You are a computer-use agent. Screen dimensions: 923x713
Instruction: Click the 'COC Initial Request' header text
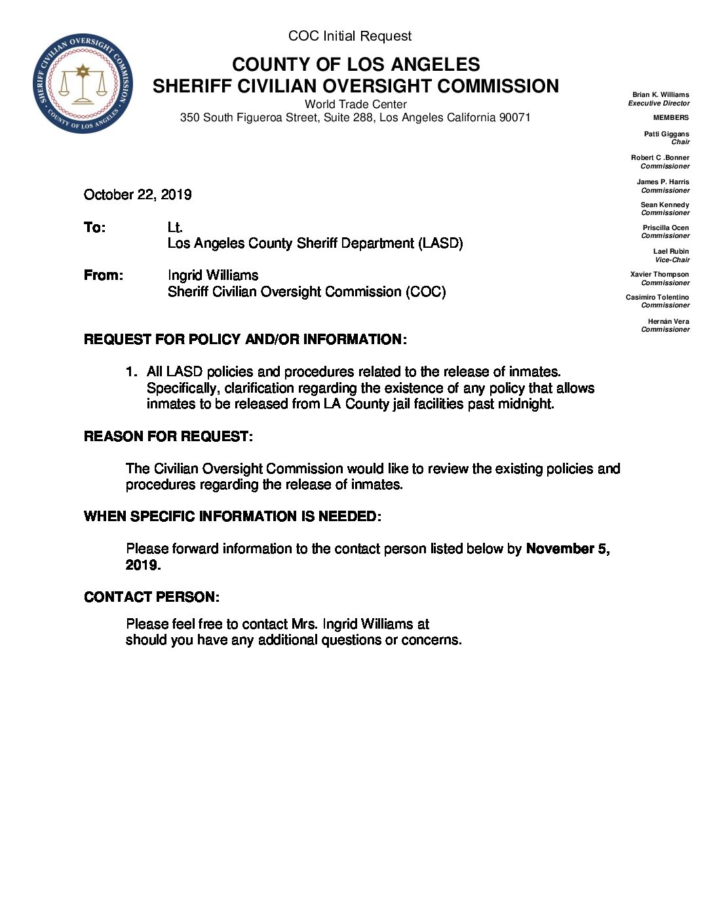(x=350, y=36)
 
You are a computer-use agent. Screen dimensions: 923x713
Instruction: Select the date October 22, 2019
(x=138, y=195)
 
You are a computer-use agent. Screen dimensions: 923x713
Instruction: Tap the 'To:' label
(x=94, y=227)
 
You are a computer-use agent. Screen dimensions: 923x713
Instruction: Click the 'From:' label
(x=103, y=275)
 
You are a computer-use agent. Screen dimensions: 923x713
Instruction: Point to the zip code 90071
(x=514, y=118)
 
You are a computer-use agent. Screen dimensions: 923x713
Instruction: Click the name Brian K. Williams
(x=661, y=94)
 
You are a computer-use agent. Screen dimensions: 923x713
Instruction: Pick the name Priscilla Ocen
(x=665, y=227)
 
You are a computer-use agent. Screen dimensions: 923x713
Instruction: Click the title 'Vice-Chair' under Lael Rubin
(x=672, y=260)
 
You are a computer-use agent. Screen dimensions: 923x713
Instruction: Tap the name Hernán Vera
(x=668, y=321)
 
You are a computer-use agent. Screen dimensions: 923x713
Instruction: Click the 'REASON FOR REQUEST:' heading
(x=168, y=437)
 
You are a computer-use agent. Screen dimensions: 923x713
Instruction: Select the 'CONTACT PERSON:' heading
(x=151, y=597)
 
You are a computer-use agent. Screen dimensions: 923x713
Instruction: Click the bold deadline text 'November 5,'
(x=568, y=549)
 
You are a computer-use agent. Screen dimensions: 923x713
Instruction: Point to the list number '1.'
(x=132, y=372)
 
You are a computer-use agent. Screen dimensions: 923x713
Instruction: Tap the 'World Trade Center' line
(x=355, y=104)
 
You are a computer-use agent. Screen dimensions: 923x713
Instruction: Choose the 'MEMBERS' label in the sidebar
(x=670, y=117)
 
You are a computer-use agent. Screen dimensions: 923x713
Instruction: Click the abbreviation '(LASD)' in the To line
(x=442, y=243)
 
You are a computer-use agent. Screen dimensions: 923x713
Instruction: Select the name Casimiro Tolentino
(x=657, y=297)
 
